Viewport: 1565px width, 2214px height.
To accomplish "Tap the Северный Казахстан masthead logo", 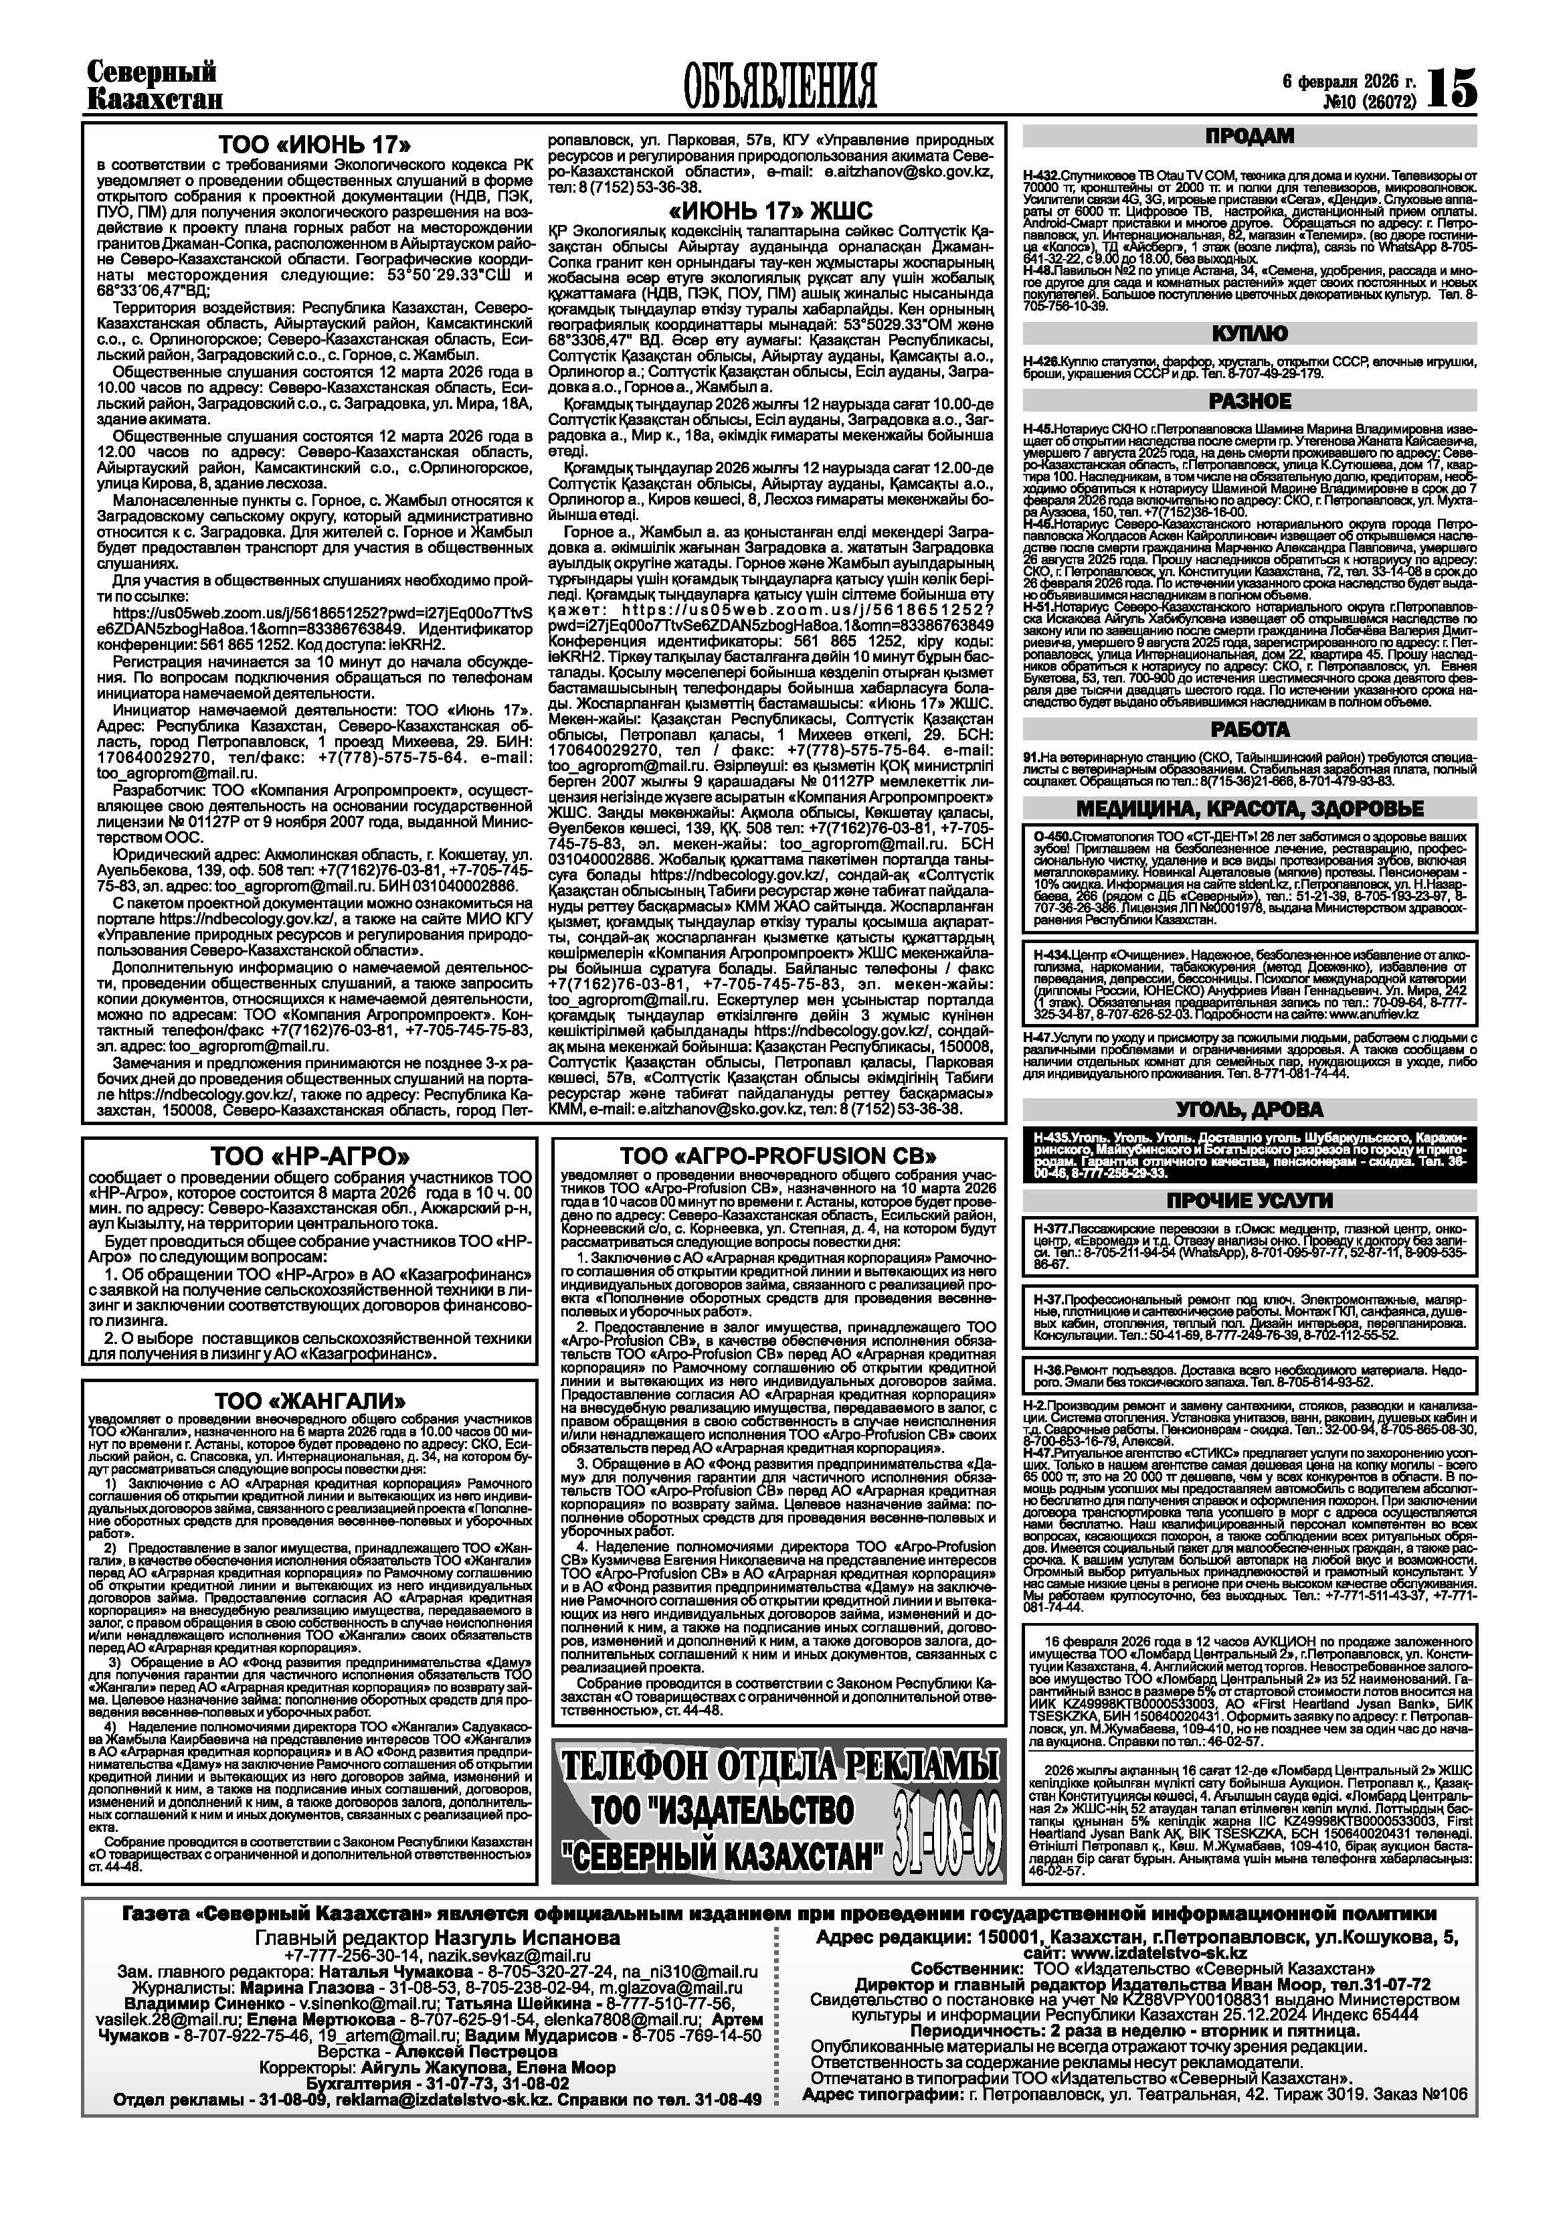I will [x=155, y=86].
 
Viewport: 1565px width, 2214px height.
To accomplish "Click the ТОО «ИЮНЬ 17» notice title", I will [x=314, y=146].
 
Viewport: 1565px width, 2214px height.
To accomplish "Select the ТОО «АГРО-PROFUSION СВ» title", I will [x=778, y=1156].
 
